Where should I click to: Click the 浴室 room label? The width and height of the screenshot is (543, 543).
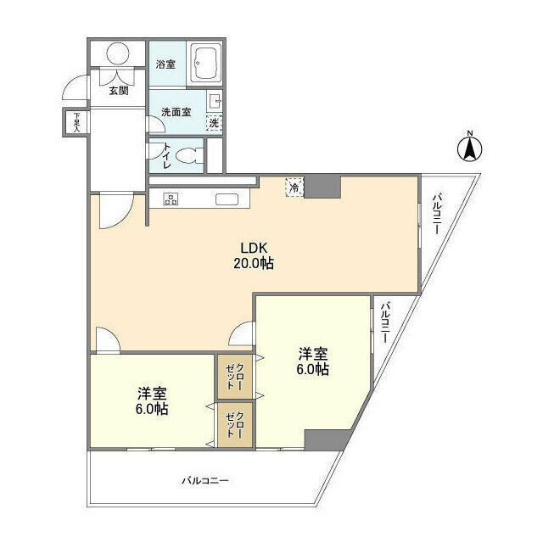click(166, 64)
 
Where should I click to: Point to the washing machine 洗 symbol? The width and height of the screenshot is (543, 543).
click(215, 123)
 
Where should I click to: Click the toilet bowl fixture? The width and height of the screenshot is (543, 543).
click(193, 156)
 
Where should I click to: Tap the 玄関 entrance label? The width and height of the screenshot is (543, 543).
click(118, 91)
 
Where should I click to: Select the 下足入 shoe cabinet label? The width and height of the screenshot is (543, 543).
click(76, 123)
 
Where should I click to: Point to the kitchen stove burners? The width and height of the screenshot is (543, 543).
click(171, 199)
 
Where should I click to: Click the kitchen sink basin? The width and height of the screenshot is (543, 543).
click(227, 199)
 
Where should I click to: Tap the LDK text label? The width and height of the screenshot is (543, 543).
click(254, 248)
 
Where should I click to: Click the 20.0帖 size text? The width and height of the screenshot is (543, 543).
click(254, 263)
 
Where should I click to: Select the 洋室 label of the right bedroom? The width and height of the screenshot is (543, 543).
click(312, 354)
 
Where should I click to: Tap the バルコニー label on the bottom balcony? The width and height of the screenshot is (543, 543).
click(204, 480)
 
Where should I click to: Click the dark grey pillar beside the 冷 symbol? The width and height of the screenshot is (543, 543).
click(322, 187)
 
